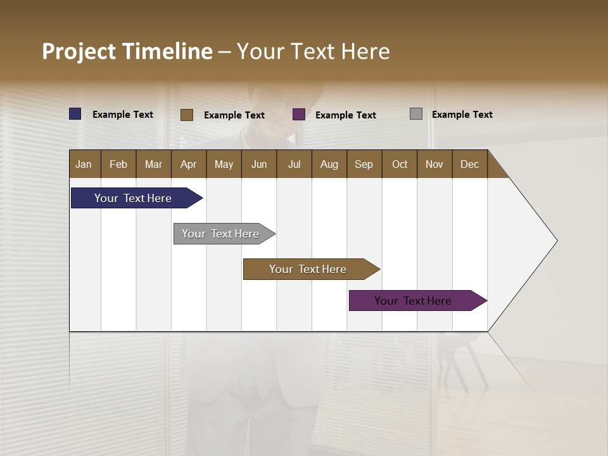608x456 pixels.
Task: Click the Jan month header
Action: tap(84, 164)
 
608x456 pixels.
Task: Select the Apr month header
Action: tap(188, 164)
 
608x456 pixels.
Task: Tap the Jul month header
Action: tap(294, 164)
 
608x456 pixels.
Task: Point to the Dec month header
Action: tap(469, 164)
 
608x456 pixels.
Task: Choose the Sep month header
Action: tap(364, 164)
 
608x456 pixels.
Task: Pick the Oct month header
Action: tap(400, 164)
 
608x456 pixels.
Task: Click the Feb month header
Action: tap(118, 164)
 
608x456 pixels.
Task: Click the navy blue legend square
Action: tap(75, 114)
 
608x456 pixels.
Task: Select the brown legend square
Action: tap(187, 115)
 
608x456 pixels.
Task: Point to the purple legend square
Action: tap(299, 115)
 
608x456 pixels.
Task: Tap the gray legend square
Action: tap(416, 114)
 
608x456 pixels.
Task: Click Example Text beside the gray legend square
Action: tap(462, 114)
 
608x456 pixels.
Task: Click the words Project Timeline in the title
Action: tap(127, 51)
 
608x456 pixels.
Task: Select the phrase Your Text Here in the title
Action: tap(313, 51)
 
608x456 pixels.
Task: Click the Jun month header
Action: tap(259, 164)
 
